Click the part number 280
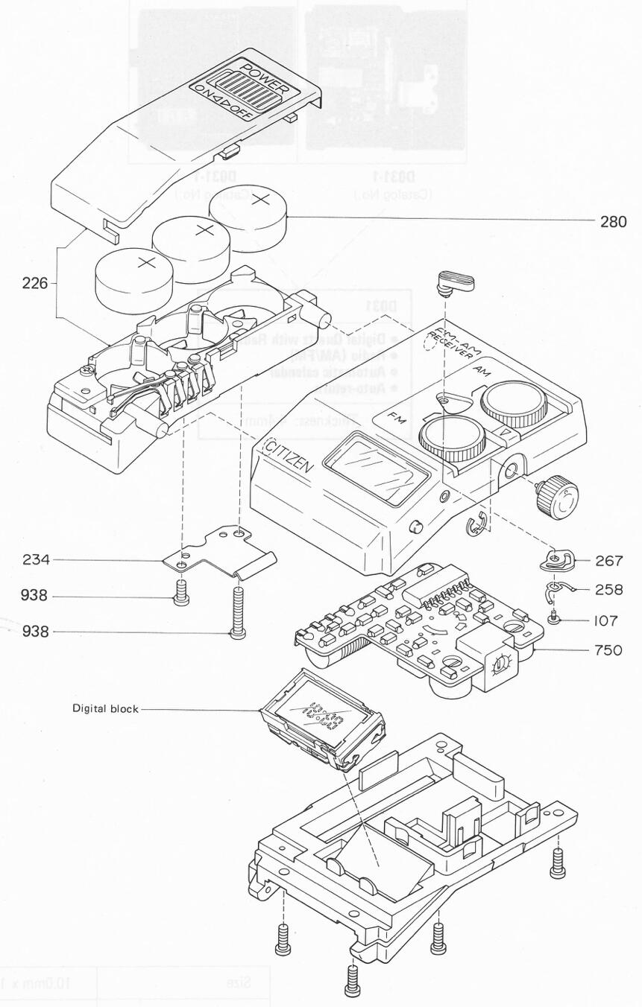[613, 221]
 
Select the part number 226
[34, 283]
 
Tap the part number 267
[608, 561]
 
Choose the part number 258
[608, 590]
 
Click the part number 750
[608, 650]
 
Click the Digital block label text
[105, 708]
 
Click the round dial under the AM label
[514, 404]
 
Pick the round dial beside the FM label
[453, 439]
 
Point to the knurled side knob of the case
[558, 497]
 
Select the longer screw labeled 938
[238, 611]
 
